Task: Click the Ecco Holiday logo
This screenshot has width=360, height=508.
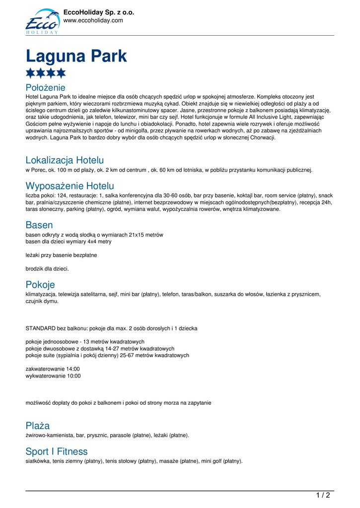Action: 42,21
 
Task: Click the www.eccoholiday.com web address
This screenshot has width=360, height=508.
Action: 93,20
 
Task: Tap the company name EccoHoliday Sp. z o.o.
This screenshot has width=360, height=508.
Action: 99,12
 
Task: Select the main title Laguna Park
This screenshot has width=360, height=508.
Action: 76,56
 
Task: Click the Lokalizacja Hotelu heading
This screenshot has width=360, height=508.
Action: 65,160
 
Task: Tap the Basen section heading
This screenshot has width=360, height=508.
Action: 39,225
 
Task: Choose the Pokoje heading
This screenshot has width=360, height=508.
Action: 40,285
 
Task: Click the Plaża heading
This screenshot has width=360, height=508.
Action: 38,426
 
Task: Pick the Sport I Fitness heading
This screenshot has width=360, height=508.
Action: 57,451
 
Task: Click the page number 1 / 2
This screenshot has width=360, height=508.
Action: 323,495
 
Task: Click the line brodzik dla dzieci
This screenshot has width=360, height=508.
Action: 47,268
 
